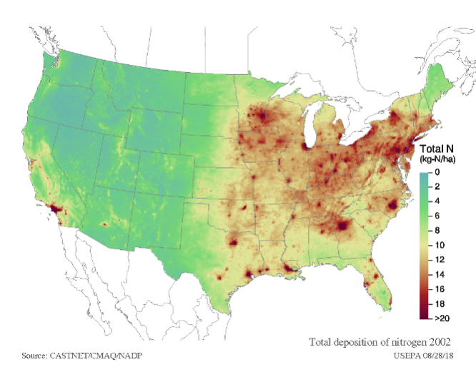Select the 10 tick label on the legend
tap(437, 245)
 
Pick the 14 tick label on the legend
tap(437, 274)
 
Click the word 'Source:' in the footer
tap(35, 355)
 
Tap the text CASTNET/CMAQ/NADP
tap(92, 355)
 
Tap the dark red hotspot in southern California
tap(54, 208)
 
